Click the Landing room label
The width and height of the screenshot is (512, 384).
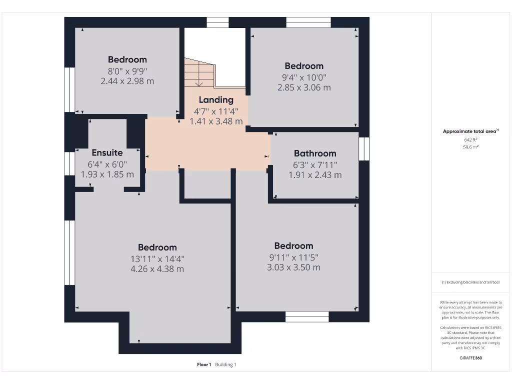point(216,99)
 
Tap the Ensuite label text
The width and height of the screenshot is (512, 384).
point(107,152)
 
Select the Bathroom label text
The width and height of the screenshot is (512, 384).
point(315,153)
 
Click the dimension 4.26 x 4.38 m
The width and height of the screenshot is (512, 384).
point(157,269)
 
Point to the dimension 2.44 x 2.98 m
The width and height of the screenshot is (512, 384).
point(127,81)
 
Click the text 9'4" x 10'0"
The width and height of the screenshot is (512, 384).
point(304,77)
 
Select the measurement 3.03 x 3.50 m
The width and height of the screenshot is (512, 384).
point(293,267)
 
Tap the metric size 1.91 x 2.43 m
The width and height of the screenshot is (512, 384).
point(315,175)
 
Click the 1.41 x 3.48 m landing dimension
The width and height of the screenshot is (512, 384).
point(216,121)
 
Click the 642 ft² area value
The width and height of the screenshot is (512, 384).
point(470,140)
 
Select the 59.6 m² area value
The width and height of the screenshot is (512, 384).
point(470,147)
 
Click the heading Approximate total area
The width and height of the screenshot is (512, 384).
point(470,131)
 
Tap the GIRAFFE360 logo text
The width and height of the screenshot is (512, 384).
point(470,358)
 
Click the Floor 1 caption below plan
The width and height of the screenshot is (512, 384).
point(204,364)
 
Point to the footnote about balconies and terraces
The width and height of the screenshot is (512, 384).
point(470,282)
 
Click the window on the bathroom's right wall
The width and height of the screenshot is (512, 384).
point(364,148)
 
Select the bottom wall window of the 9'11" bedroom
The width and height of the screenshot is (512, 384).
point(307,316)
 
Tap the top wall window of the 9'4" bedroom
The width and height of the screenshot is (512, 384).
point(308,22)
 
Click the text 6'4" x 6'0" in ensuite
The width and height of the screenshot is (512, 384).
point(107,164)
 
